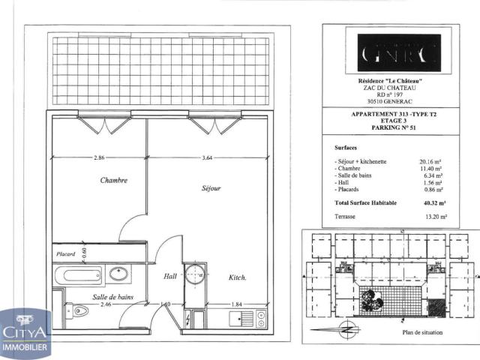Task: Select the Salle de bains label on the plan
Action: [x=115, y=297]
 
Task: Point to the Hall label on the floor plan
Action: [x=171, y=277]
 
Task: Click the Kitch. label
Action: [x=238, y=277]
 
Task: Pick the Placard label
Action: [x=65, y=253]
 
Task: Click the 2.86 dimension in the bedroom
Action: [x=100, y=157]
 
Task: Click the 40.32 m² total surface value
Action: [x=433, y=202]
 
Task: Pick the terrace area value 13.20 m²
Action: [x=433, y=216]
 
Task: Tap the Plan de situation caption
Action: [x=423, y=332]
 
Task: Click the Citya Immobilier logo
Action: [x=25, y=334]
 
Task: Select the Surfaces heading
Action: [x=346, y=148]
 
